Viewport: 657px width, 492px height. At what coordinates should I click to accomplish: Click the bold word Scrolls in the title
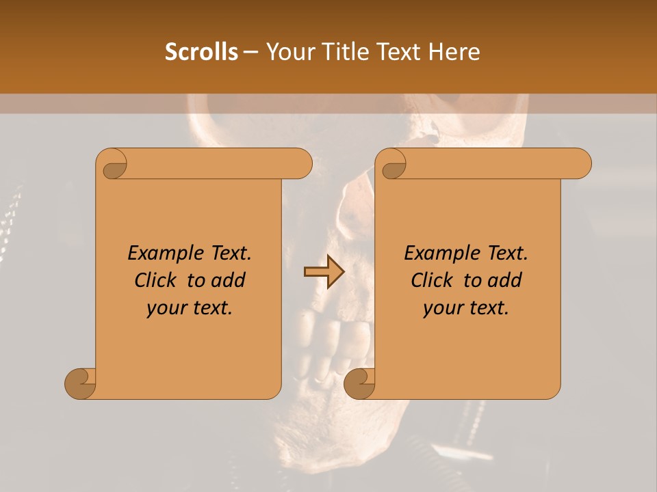[201, 52]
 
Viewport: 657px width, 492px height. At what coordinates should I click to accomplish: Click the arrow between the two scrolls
[324, 273]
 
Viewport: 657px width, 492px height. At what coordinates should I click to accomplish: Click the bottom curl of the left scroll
[81, 383]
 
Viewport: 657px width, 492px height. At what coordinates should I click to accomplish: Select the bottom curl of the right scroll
[359, 383]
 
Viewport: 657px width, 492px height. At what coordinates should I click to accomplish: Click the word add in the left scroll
[229, 280]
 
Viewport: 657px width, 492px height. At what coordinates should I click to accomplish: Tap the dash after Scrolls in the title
[250, 52]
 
